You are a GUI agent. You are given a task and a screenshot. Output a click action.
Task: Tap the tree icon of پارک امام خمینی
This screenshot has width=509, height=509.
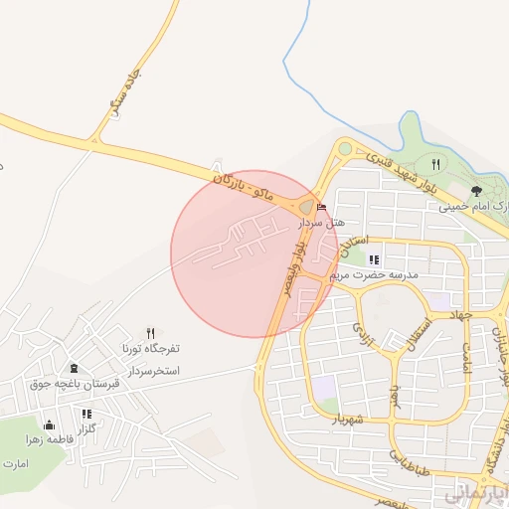click(476, 191)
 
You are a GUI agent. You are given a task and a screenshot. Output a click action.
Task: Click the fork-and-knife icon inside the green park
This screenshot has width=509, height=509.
click(434, 164)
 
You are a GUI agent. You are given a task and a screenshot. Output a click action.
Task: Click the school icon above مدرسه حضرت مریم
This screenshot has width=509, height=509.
click(375, 259)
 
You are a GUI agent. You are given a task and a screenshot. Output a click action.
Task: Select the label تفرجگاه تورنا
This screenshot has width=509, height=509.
click(147, 349)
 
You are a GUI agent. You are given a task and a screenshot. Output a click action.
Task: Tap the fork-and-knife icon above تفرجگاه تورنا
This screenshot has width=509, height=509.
click(150, 333)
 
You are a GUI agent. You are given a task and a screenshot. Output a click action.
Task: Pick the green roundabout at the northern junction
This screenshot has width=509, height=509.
click(345, 149)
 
